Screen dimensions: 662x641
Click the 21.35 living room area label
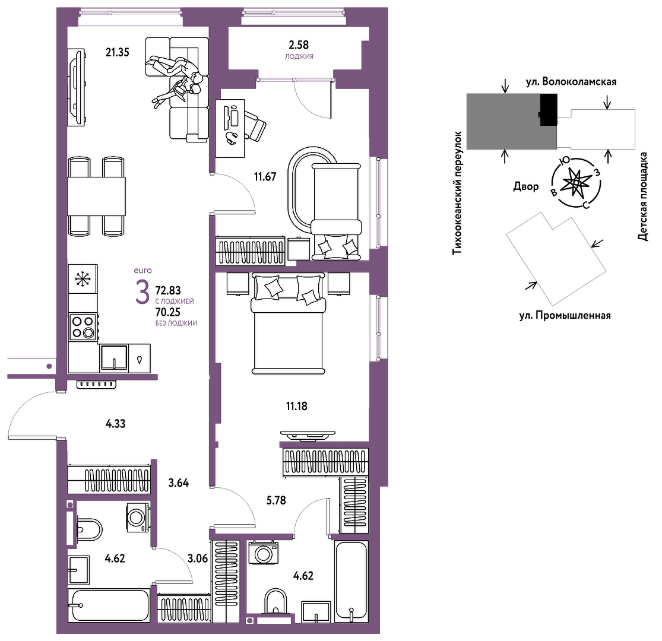118,52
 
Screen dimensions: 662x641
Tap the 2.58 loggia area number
299,45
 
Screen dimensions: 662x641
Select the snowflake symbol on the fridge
83,279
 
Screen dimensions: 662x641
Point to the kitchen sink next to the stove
114,358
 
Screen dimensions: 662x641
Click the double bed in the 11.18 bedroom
289,323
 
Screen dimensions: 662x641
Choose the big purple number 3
142,293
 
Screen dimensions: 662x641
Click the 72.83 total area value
168,290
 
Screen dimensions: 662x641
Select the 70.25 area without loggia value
168,312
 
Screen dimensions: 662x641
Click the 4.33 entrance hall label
115,424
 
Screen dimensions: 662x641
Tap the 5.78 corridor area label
276,500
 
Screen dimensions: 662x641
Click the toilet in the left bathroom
88,529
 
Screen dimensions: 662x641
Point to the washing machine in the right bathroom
264,553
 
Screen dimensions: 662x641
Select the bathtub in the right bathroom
351,582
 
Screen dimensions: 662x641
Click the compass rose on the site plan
577,183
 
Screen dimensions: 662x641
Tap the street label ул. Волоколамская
571,81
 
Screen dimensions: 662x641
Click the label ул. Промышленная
565,315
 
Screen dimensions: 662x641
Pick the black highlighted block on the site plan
549,109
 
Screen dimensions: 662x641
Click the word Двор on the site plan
526,186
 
